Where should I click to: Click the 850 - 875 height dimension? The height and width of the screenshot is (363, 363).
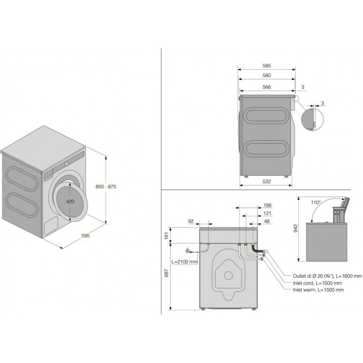click(106, 187)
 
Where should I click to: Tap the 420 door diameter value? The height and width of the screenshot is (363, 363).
click(70, 202)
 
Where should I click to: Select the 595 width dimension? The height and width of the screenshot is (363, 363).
click(85, 236)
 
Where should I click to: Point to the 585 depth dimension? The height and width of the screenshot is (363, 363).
click(267, 66)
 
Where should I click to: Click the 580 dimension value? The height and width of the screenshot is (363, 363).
click(267, 76)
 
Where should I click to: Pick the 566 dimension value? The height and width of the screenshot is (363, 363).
click(267, 87)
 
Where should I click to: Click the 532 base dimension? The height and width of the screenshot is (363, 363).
click(267, 181)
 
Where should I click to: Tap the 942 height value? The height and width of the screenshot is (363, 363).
click(295, 228)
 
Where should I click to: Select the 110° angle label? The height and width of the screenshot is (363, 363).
click(316, 203)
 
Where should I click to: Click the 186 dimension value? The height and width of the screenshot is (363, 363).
click(267, 205)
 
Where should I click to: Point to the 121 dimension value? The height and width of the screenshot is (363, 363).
click(267, 213)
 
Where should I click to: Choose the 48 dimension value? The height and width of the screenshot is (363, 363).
click(267, 221)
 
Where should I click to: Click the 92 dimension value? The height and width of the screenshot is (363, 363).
click(191, 221)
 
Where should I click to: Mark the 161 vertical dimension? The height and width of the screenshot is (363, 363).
click(166, 235)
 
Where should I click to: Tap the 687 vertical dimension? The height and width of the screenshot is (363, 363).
click(166, 273)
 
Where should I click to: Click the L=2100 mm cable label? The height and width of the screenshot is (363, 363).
click(184, 262)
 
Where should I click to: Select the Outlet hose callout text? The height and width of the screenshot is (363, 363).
click(327, 276)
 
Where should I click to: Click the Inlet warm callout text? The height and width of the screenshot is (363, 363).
click(318, 290)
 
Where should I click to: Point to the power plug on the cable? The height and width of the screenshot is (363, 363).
click(188, 250)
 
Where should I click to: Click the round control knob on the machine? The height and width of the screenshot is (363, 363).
click(66, 164)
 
